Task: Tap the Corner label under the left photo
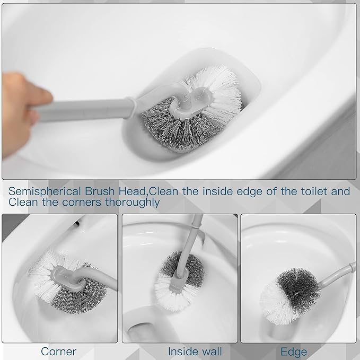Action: (58, 351)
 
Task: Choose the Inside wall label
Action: (195, 351)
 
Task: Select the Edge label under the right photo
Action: (294, 351)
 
